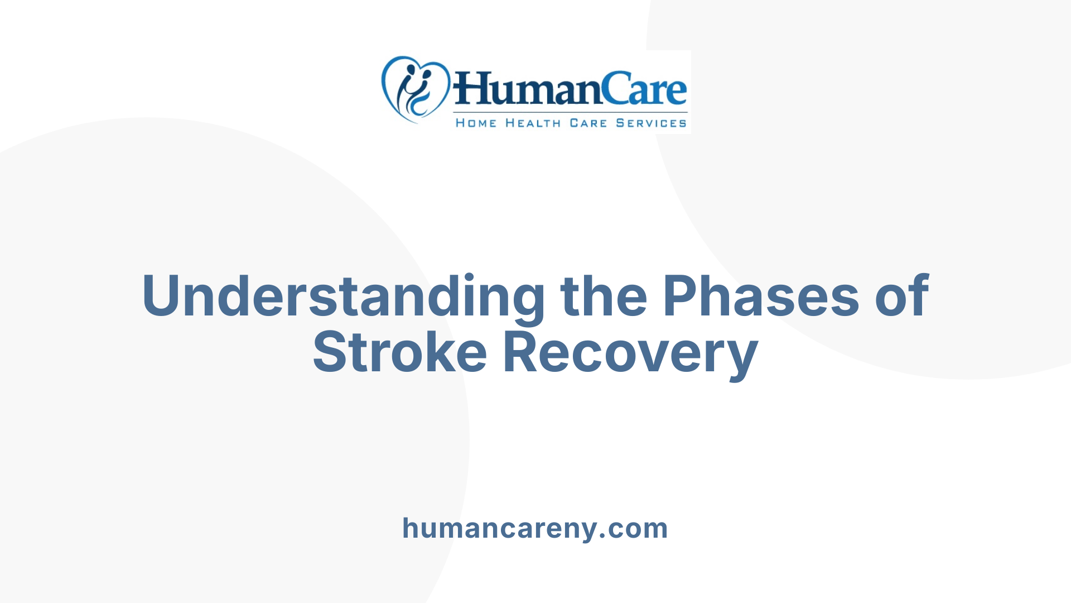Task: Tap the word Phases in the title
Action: coord(761,296)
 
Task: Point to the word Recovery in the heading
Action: coord(630,352)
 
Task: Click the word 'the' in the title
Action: coord(604,296)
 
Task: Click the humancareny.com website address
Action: coord(535,528)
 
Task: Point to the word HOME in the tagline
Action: coord(476,123)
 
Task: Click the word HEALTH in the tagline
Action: coord(533,123)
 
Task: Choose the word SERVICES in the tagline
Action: coord(651,123)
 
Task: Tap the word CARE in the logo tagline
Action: coord(588,123)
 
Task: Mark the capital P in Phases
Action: coord(681,296)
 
